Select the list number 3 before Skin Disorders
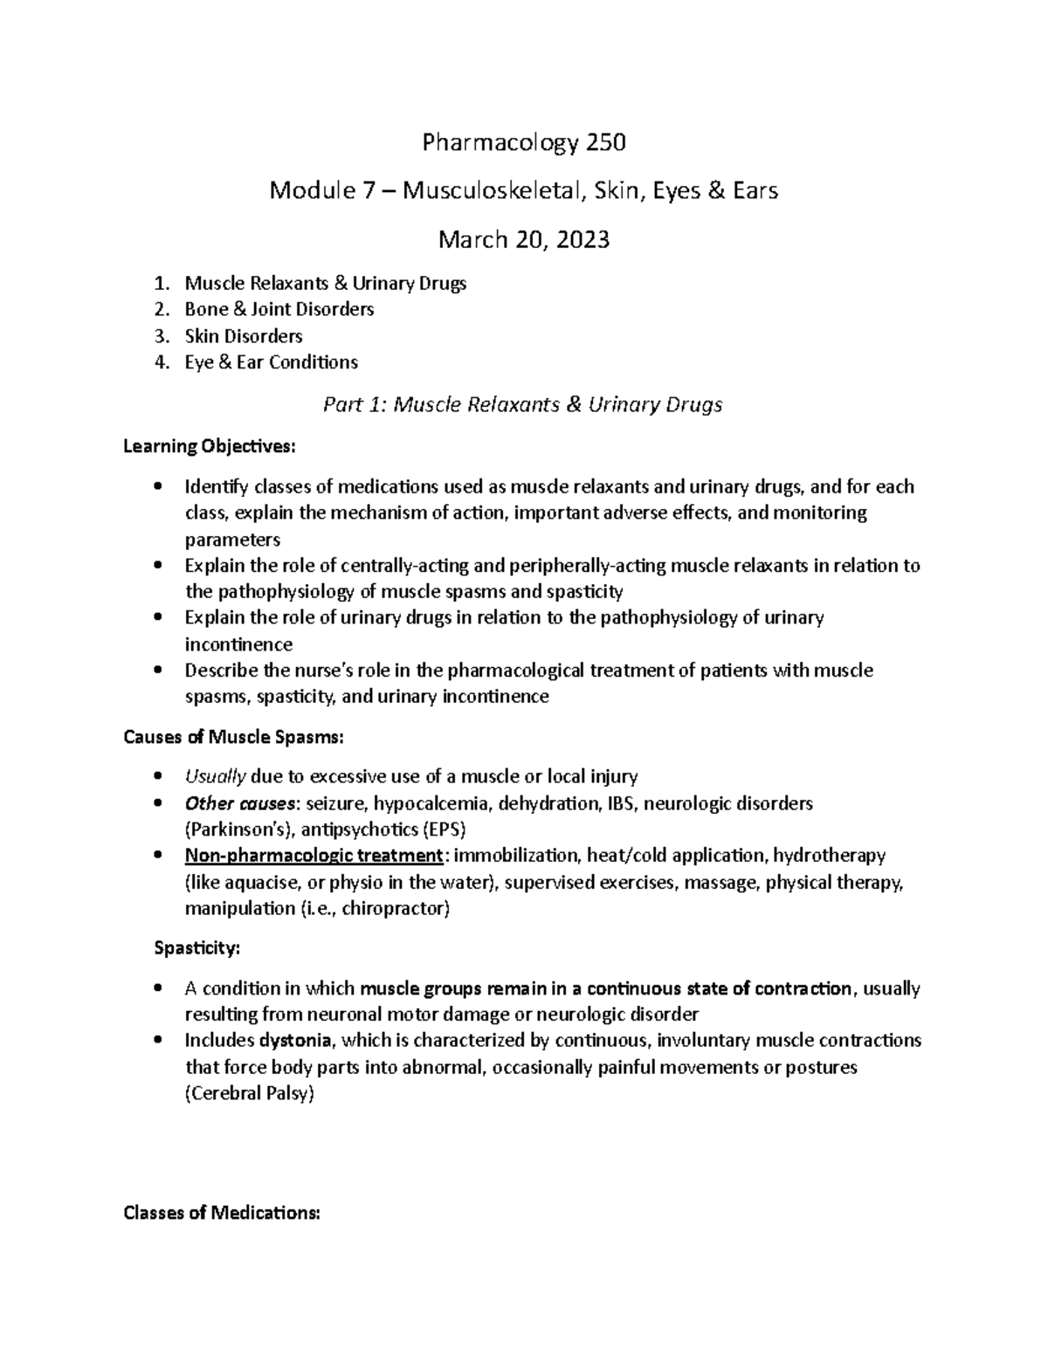coord(159,336)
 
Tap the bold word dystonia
coord(295,1041)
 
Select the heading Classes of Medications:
coord(223,1213)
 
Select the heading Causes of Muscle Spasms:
coord(234,738)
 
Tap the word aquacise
coord(253,882)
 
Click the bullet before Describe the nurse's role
coord(158,671)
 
